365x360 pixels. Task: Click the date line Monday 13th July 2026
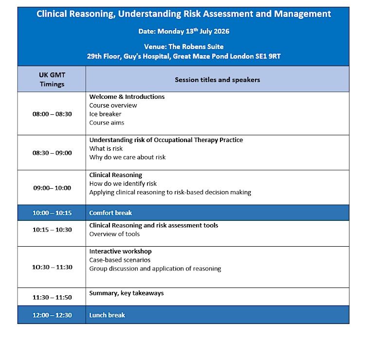pos(183,31)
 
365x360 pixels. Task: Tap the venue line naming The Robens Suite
pos(183,47)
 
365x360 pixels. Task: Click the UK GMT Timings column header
pos(52,79)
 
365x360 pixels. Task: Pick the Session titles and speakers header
pos(217,80)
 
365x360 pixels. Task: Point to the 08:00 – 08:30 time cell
pos(52,114)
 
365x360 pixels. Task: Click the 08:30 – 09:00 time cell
pos(52,153)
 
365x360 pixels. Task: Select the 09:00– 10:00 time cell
pos(52,188)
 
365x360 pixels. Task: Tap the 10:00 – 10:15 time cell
pos(52,213)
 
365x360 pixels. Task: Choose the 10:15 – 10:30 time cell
pos(52,230)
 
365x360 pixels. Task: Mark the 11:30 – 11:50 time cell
pos(52,297)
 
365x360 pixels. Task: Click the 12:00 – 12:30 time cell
pos(52,315)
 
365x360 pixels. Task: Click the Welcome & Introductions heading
pos(127,97)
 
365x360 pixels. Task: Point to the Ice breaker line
pos(105,114)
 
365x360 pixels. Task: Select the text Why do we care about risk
pos(128,157)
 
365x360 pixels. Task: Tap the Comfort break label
pos(110,213)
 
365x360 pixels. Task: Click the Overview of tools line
pos(114,234)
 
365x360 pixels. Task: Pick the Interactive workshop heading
pos(120,252)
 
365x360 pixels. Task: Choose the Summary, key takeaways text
pos(127,293)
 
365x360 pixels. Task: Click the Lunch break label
pos(107,315)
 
